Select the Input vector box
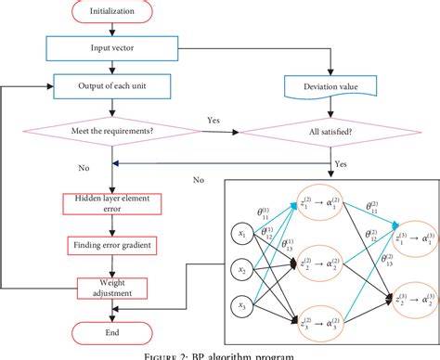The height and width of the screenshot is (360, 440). coord(111,45)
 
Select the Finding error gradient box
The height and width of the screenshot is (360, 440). coord(111,245)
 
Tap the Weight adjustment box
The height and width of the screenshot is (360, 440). coord(111,288)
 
